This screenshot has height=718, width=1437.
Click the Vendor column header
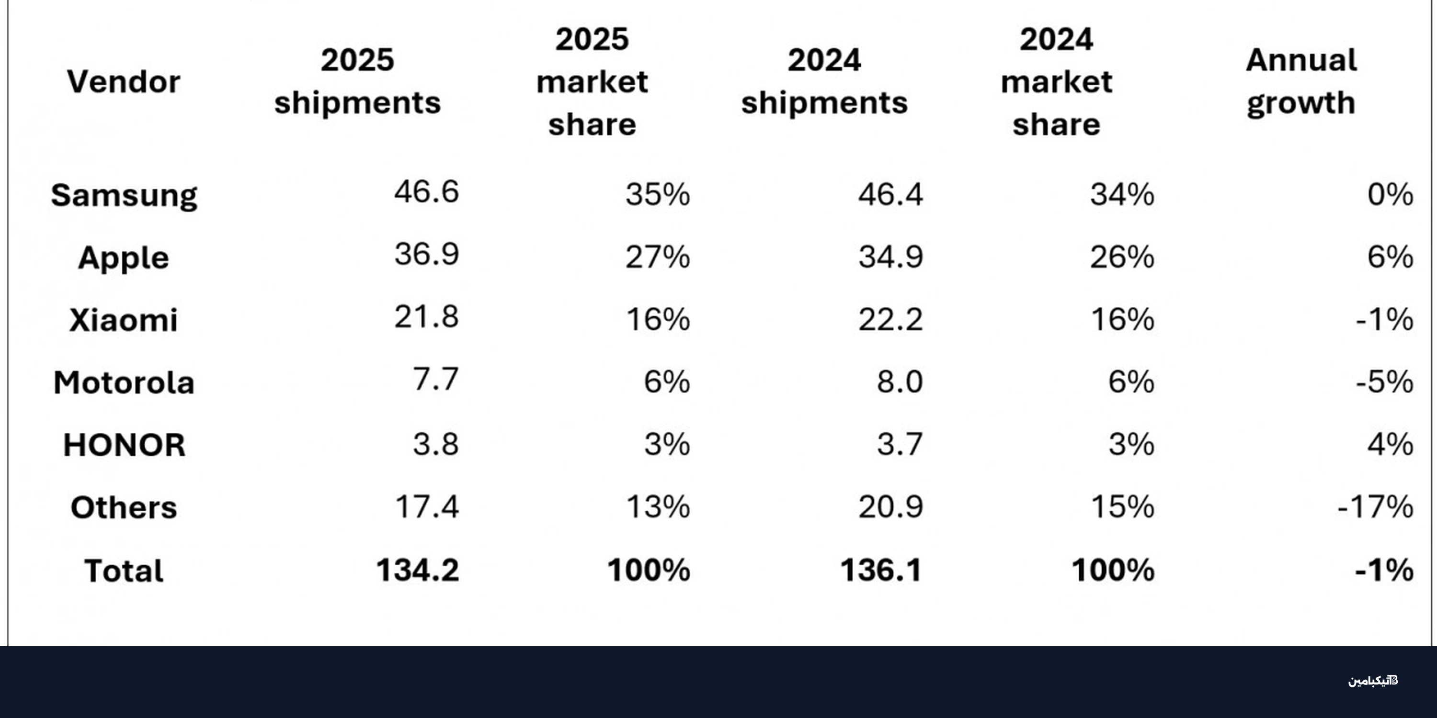tap(124, 82)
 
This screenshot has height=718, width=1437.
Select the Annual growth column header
tap(1301, 81)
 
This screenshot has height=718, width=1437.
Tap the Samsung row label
tap(124, 196)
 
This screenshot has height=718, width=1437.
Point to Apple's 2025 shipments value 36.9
tap(427, 254)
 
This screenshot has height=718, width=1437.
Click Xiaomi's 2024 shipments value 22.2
tap(890, 319)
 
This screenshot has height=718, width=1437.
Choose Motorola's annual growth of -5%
tap(1385, 382)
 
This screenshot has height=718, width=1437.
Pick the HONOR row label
tap(124, 445)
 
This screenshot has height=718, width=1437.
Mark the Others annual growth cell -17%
tap(1375, 507)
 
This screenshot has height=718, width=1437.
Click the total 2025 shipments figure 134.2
tap(417, 570)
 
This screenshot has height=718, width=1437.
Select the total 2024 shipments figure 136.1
tap(881, 570)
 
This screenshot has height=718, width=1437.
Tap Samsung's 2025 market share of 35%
tap(658, 194)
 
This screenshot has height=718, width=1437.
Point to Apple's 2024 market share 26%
tap(1122, 257)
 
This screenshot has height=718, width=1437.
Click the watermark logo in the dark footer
tap(1373, 681)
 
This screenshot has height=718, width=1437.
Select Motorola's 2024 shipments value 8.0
tap(900, 382)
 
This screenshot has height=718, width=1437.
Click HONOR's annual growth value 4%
tap(1390, 444)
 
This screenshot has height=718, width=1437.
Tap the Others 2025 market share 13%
tap(658, 507)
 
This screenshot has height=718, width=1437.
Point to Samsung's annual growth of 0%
tap(1390, 194)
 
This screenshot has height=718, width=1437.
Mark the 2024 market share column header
tap(1057, 81)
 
